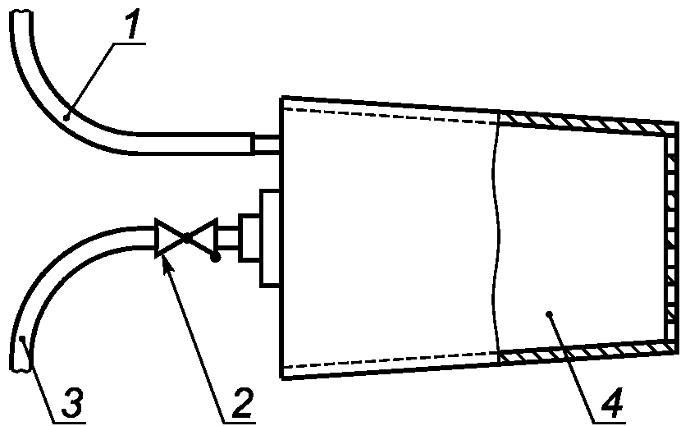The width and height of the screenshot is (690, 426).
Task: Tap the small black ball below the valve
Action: [x=215, y=258]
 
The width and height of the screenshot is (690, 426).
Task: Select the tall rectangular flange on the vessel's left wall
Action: [x=272, y=238]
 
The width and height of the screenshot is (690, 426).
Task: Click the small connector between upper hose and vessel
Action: [x=267, y=144]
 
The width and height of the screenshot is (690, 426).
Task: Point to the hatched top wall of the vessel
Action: [x=587, y=121]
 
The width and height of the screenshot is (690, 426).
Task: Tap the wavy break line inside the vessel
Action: [x=497, y=238]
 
